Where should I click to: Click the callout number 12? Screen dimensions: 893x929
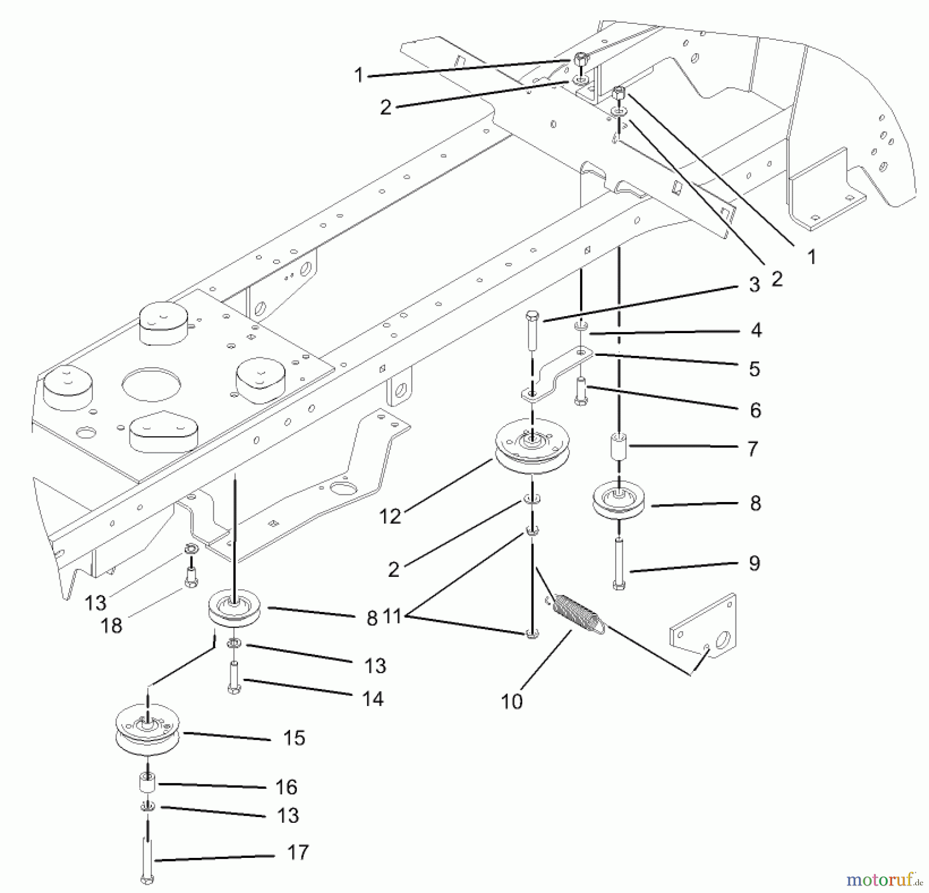point(390,516)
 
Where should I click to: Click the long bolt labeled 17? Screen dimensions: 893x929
point(147,857)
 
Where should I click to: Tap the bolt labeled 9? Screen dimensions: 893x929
point(619,563)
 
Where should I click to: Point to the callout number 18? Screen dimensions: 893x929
point(111,625)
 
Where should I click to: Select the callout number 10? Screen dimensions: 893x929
point(511,701)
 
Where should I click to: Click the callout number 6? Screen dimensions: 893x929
point(755,410)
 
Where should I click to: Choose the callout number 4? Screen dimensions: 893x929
point(756,330)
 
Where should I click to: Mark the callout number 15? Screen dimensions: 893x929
point(294,738)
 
